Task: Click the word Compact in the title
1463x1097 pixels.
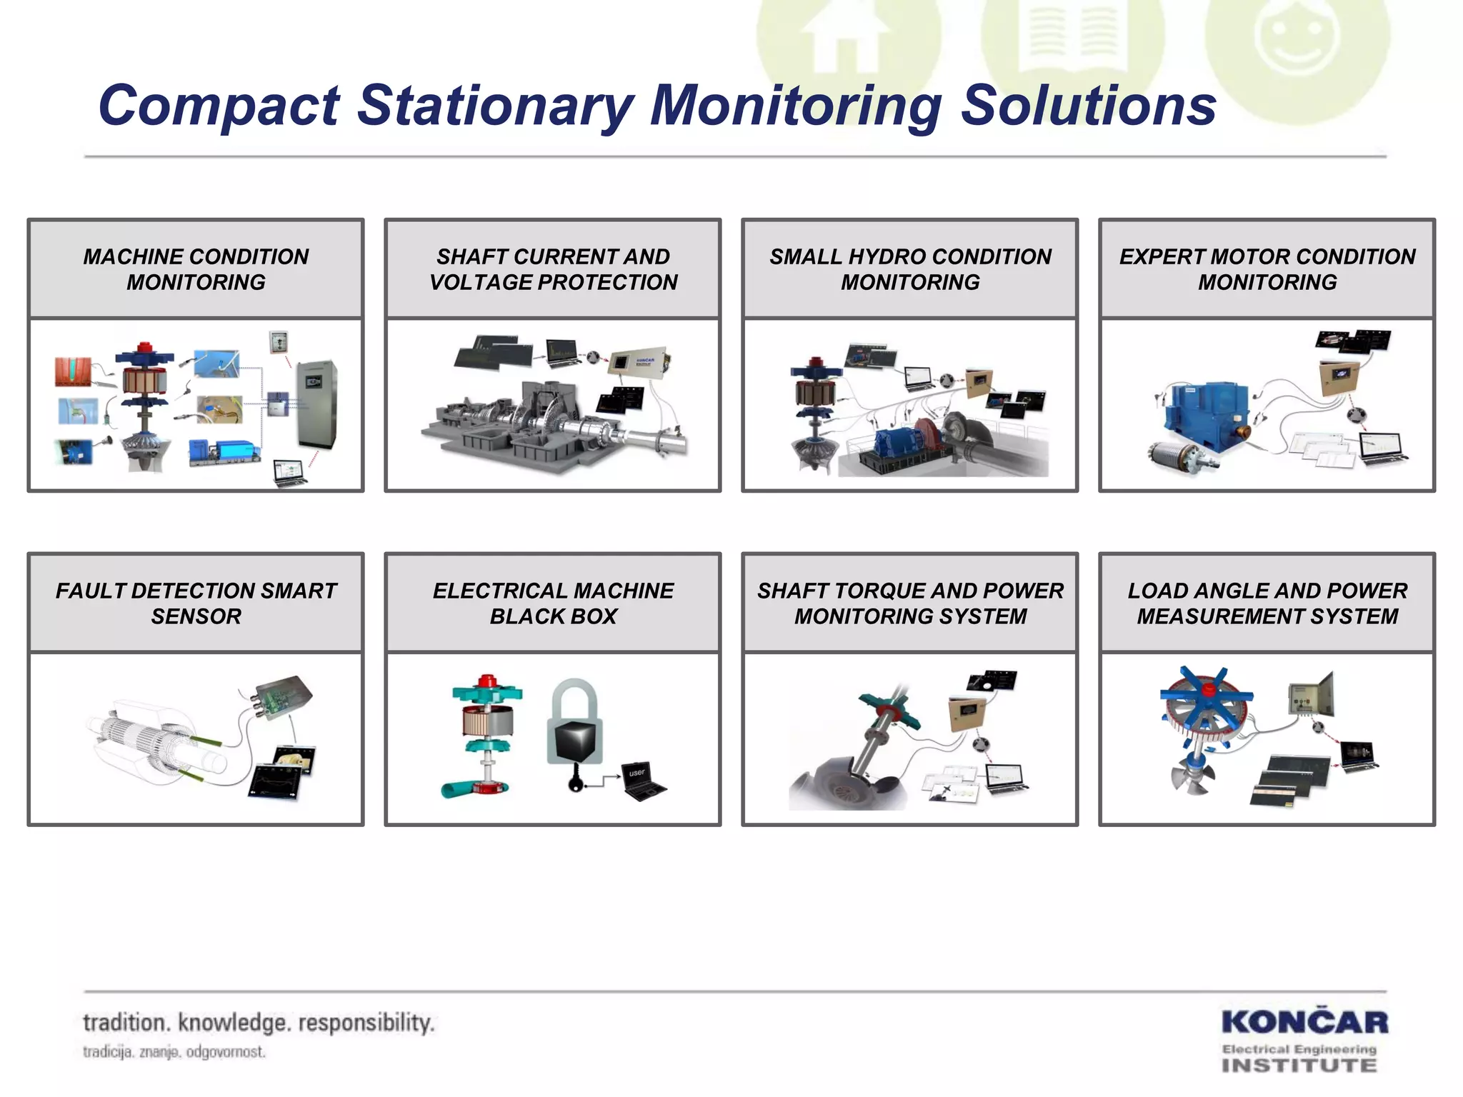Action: (219, 106)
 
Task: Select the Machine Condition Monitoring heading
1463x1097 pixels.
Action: (196, 269)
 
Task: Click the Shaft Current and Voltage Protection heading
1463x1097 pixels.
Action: (553, 269)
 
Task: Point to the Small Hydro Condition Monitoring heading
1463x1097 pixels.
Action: (910, 269)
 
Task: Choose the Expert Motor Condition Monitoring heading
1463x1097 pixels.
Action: (1267, 269)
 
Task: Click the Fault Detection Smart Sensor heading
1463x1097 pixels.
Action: (196, 603)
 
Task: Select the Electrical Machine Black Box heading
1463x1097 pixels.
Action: (553, 603)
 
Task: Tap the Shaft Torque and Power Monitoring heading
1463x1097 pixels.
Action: (910, 603)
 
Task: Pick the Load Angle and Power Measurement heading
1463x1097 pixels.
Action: (1267, 603)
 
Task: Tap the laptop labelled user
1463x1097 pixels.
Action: (643, 782)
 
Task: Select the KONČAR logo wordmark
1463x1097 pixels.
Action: (1304, 1023)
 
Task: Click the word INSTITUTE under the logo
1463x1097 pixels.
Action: (1299, 1066)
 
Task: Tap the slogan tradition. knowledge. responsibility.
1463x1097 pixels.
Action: (259, 1023)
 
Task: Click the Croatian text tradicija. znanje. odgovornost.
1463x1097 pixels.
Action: (174, 1052)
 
